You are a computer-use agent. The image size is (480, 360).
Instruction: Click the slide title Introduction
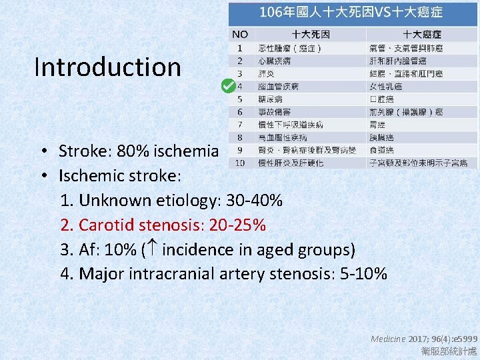[107, 67]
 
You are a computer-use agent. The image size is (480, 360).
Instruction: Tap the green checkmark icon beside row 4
[227, 86]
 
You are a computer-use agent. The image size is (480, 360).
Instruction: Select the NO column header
[240, 34]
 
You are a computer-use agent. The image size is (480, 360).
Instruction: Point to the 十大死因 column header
[311, 34]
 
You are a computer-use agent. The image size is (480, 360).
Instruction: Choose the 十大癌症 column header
[422, 34]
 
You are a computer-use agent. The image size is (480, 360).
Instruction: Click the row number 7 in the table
[240, 125]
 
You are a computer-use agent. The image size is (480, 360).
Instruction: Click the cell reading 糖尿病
[270, 99]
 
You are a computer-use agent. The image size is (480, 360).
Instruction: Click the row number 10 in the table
[240, 163]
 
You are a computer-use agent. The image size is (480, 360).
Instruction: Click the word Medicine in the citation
[388, 339]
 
